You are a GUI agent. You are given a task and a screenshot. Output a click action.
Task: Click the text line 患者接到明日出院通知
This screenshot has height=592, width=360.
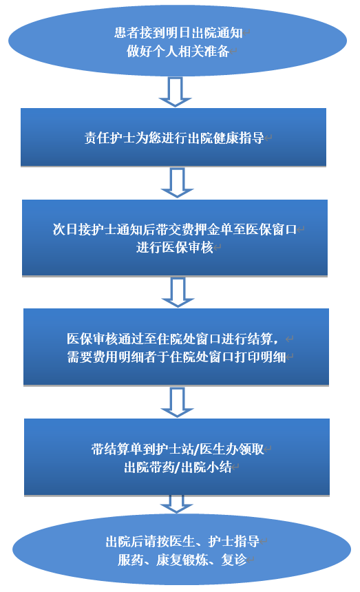(x=178, y=33)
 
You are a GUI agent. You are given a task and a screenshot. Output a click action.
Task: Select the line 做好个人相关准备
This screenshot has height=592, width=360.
(x=178, y=51)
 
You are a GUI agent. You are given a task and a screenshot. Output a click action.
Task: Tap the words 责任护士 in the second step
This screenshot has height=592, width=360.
(x=110, y=138)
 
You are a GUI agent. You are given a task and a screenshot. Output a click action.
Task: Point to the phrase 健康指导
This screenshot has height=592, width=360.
(x=238, y=138)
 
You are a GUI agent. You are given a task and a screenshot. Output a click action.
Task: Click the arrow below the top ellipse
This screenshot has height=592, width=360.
(x=175, y=92)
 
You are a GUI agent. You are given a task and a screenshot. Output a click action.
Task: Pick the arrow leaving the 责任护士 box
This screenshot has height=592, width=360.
(x=177, y=182)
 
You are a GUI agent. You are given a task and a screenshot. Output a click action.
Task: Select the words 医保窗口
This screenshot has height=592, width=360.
(x=271, y=229)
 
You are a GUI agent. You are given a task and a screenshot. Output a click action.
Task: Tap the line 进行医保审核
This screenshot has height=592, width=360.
(x=175, y=247)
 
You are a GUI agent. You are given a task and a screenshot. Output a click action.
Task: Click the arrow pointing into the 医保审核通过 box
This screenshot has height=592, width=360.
(x=178, y=293)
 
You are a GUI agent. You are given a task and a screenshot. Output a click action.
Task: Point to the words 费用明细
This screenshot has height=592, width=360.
(x=118, y=357)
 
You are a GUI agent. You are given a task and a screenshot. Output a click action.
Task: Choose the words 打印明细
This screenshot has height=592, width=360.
(x=260, y=357)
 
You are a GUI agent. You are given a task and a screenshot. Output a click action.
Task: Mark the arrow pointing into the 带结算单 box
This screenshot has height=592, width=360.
(x=177, y=402)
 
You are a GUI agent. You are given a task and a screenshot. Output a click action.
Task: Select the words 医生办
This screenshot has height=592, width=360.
(x=219, y=449)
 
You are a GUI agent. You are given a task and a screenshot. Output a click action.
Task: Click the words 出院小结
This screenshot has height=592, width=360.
(x=207, y=467)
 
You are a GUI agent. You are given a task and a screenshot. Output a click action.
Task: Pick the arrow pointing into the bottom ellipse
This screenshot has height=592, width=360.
(x=177, y=504)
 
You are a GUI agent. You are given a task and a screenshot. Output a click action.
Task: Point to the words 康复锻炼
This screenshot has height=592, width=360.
(x=182, y=560)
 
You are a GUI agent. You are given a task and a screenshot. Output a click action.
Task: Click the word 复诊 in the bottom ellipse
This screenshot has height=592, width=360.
(x=234, y=560)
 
